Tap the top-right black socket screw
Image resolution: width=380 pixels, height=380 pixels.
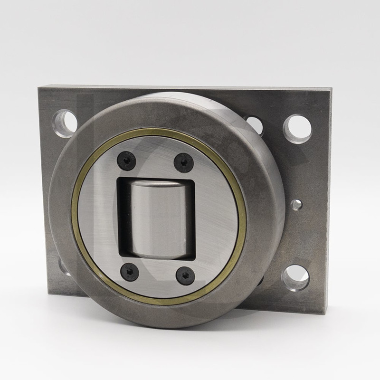coord(183,163)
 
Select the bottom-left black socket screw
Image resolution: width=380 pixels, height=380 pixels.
coord(130,272)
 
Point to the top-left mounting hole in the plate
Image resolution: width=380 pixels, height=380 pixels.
coord(64,123)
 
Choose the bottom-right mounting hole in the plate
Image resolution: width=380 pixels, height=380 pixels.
coord(295,278)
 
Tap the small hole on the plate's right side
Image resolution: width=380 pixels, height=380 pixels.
coord(296,205)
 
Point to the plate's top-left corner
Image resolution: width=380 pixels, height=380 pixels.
coord(39,86)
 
